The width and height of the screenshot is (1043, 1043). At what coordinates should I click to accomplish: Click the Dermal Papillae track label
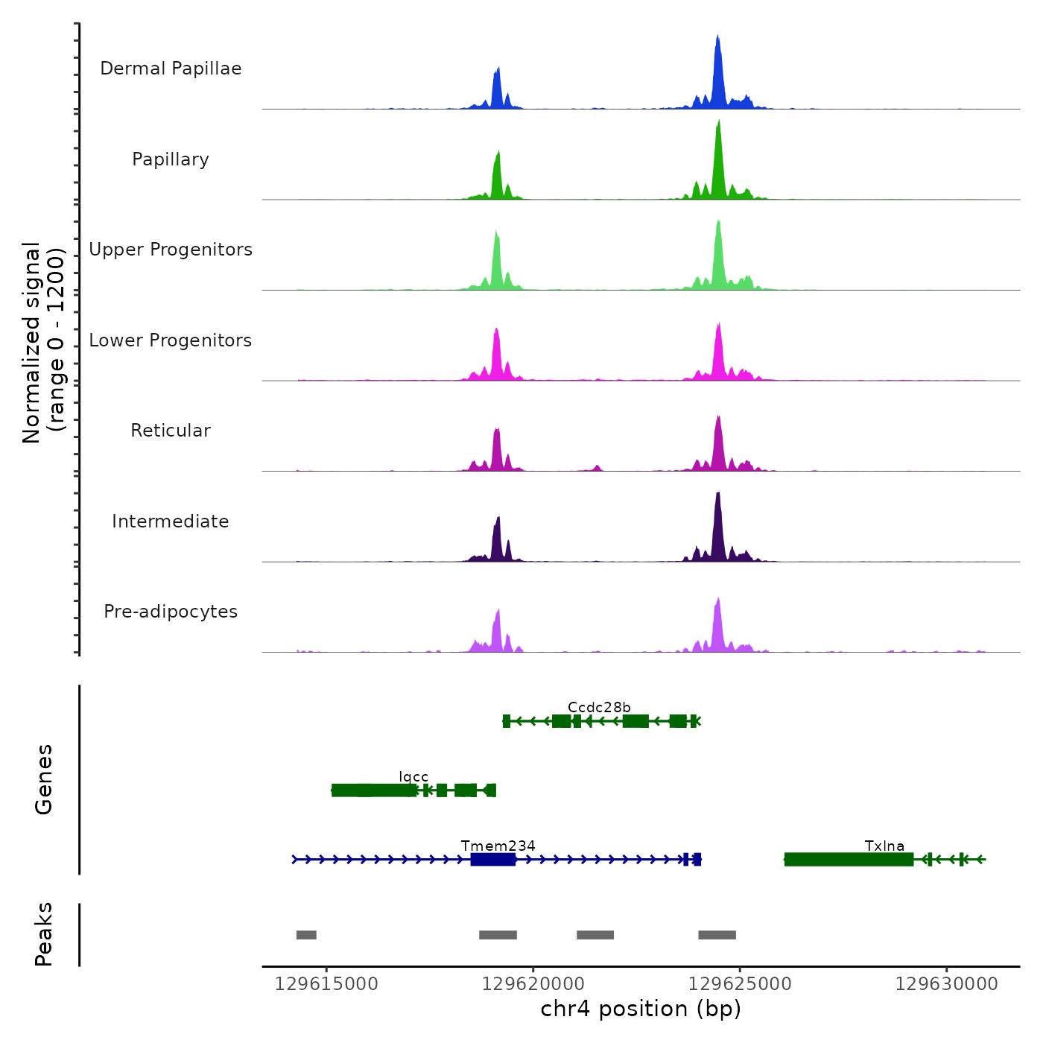point(171,69)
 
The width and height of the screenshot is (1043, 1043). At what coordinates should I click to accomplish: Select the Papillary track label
point(171,159)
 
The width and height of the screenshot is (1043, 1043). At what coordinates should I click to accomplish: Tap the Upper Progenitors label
point(171,250)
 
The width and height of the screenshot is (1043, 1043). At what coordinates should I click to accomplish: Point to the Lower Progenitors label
point(171,340)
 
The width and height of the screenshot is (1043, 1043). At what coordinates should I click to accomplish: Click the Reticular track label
point(171,431)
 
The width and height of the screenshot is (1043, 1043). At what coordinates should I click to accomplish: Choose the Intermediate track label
point(171,521)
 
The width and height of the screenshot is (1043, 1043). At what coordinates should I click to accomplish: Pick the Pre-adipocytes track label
point(171,612)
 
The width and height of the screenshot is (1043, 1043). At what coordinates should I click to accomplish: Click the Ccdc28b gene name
point(599,707)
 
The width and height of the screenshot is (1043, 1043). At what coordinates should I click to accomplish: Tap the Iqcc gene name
point(413,777)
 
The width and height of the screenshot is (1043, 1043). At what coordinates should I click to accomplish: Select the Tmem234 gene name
point(498,846)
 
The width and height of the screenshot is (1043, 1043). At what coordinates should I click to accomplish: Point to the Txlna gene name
point(884,846)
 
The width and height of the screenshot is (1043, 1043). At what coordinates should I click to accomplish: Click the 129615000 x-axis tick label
point(326,984)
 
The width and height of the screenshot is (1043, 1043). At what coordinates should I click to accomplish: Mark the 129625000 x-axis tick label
point(740,984)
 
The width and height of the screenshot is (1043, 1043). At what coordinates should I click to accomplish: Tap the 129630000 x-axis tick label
point(946,984)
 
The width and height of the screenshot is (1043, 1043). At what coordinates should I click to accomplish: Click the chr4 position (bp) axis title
point(641,1009)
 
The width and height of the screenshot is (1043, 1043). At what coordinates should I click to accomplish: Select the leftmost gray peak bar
point(306,935)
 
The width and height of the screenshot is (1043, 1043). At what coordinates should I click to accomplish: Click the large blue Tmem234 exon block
point(493,860)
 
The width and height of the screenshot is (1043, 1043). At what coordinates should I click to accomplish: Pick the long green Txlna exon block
point(849,860)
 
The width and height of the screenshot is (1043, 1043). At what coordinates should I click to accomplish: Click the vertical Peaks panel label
point(44,934)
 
